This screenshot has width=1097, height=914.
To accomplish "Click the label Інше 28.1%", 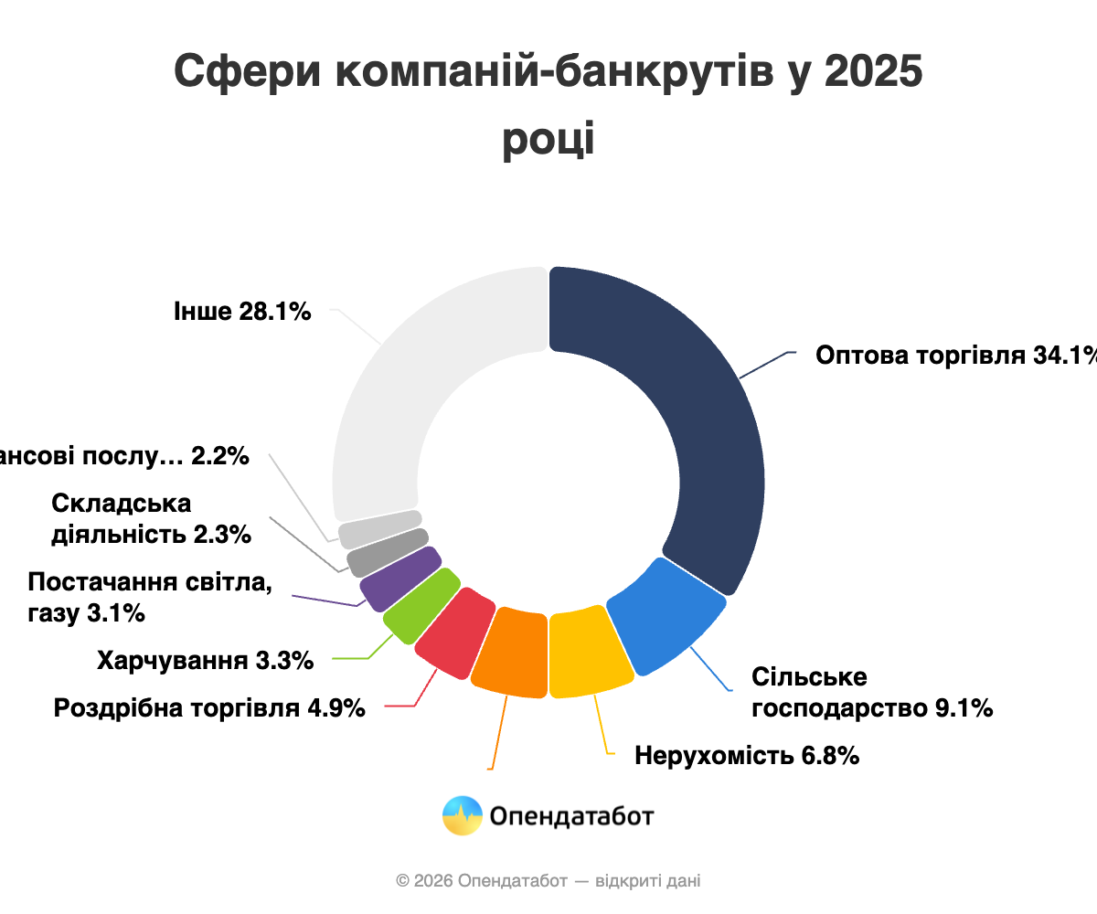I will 242,312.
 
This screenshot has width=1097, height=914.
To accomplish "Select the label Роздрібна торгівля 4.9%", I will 210,707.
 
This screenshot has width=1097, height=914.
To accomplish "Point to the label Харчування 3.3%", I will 206,659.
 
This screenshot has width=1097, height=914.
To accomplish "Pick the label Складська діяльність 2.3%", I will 151,518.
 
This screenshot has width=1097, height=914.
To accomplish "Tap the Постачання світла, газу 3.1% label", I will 150,597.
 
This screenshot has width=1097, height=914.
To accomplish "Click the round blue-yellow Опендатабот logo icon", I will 463,815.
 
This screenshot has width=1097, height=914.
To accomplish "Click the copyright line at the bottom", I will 548,881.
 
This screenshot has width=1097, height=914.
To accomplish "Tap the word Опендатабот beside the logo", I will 572,815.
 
